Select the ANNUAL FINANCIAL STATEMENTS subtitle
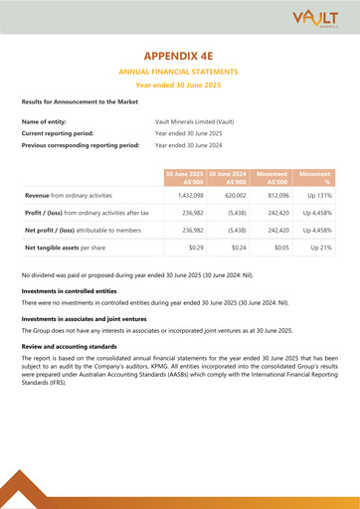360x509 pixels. [x=180, y=73]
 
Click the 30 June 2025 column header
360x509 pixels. [x=185, y=179]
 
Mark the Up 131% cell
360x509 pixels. [x=316, y=197]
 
